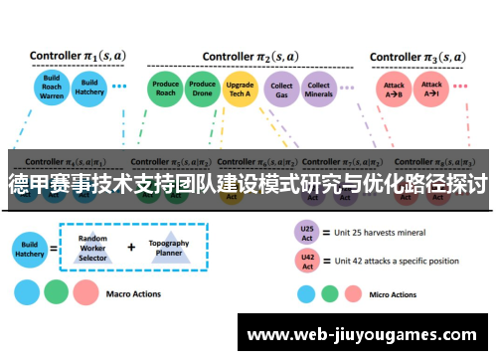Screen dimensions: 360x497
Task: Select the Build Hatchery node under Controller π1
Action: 89,89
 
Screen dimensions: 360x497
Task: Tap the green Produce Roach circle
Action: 166,90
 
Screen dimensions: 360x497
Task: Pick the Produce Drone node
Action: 203,90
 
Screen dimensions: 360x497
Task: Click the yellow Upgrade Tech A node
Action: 240,90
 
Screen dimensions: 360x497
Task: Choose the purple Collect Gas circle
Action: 281,90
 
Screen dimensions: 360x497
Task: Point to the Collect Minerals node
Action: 318,90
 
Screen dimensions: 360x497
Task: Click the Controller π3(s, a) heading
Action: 418,57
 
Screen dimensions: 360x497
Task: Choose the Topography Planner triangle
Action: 169,250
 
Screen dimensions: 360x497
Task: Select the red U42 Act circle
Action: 307,262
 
